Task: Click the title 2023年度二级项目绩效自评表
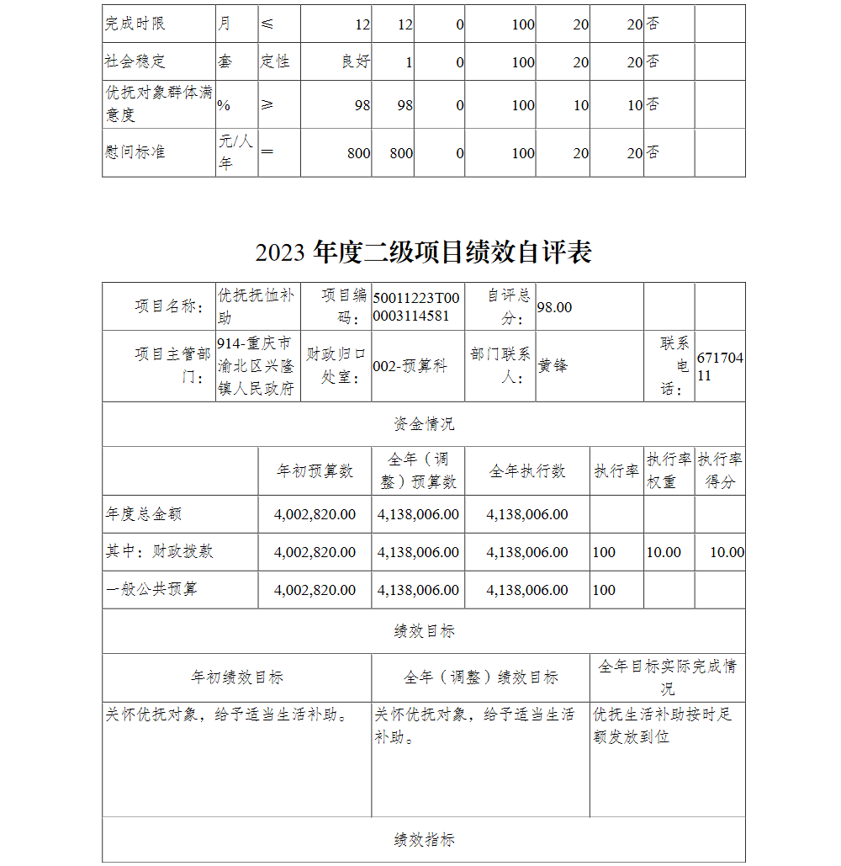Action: pos(423,252)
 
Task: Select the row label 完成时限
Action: pos(135,24)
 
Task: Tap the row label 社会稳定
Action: pos(135,61)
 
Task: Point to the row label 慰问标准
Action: pos(135,152)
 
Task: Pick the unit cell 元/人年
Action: pos(235,152)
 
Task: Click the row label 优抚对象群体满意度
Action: pos(158,104)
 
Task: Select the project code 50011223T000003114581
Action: pos(416,307)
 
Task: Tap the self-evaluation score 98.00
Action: pos(554,307)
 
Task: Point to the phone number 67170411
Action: pos(720,367)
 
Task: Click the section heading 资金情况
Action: pos(424,424)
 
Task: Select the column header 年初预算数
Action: pos(315,471)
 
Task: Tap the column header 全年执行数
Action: pos(527,471)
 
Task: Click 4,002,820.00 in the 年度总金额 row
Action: pos(315,514)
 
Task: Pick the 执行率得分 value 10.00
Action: pos(727,552)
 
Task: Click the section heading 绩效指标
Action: pos(424,840)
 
